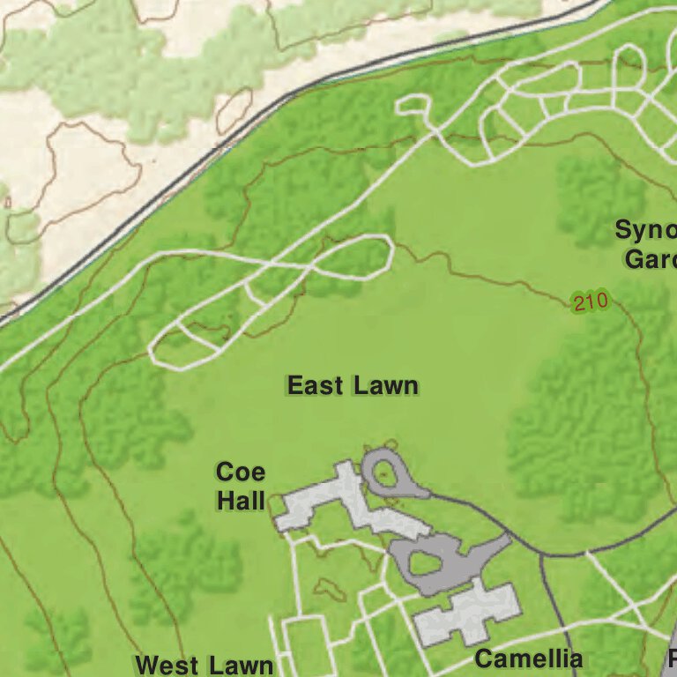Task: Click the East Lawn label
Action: [353, 386]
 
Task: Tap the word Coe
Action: [240, 472]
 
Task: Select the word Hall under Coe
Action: [241, 502]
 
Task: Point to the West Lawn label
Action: [204, 665]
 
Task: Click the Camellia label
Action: [529, 658]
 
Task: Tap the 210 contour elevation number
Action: [590, 302]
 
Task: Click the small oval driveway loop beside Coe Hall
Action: [384, 477]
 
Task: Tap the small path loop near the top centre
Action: [413, 106]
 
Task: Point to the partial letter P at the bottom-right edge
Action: [672, 658]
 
